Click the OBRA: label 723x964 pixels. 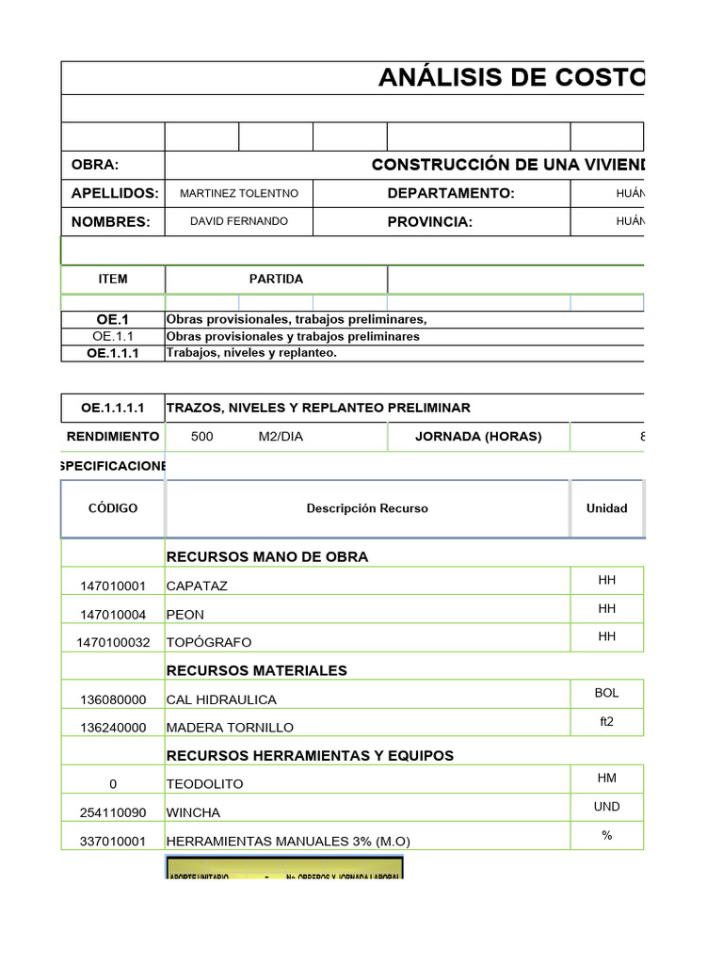click(x=95, y=165)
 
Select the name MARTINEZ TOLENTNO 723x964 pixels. click(x=239, y=193)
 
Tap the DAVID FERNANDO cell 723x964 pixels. click(x=239, y=221)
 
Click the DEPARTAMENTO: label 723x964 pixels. click(x=451, y=193)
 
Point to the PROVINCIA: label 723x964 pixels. click(x=430, y=222)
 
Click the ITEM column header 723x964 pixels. click(x=113, y=280)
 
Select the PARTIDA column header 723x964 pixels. click(x=276, y=280)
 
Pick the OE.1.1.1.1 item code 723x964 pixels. click(x=113, y=408)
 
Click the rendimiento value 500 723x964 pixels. click(x=201, y=437)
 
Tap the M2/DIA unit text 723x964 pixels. click(x=281, y=437)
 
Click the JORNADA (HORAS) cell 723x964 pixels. click(x=478, y=437)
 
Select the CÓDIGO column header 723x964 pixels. click(x=113, y=508)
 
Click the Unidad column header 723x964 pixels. click(x=606, y=508)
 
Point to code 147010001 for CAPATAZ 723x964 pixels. click(x=113, y=586)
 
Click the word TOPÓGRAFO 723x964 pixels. click(x=209, y=643)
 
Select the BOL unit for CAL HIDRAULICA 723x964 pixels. click(x=606, y=693)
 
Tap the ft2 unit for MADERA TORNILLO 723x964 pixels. click(x=606, y=721)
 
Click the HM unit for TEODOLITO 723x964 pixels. click(x=606, y=778)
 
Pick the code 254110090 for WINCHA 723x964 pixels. click(x=113, y=812)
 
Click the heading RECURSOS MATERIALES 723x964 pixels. click(x=257, y=670)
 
